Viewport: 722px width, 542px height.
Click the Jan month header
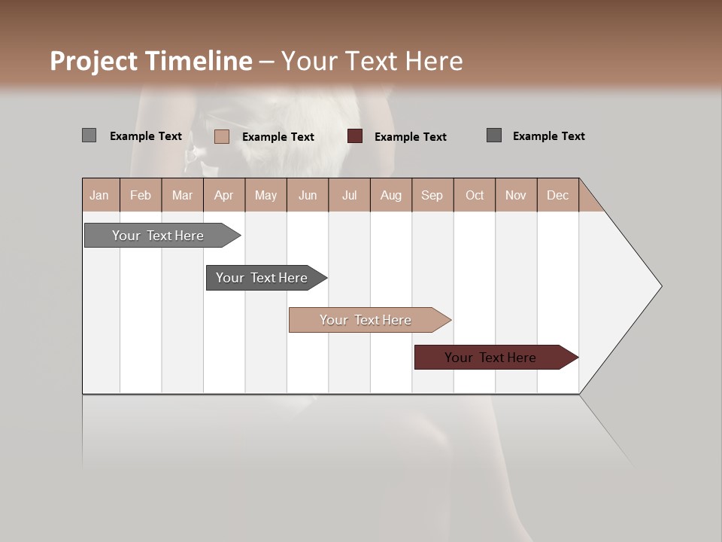coord(100,195)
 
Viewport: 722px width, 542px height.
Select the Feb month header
coord(141,195)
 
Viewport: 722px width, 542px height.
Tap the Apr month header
coord(224,195)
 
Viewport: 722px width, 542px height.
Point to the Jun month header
coord(308,195)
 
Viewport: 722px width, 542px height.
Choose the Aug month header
coord(391,195)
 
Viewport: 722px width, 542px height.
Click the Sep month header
coord(432,195)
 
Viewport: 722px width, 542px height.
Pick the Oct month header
coord(475,195)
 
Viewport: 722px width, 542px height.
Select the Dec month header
coord(558,195)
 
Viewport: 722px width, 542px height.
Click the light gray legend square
coord(89,135)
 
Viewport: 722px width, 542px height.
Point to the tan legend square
coord(221,136)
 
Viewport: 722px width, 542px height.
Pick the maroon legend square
coord(355,136)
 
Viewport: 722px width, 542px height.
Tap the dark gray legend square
coord(494,135)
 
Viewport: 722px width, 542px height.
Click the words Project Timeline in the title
coord(151,61)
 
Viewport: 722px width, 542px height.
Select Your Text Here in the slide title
coord(372,61)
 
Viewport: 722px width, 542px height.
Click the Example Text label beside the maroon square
coord(411,137)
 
